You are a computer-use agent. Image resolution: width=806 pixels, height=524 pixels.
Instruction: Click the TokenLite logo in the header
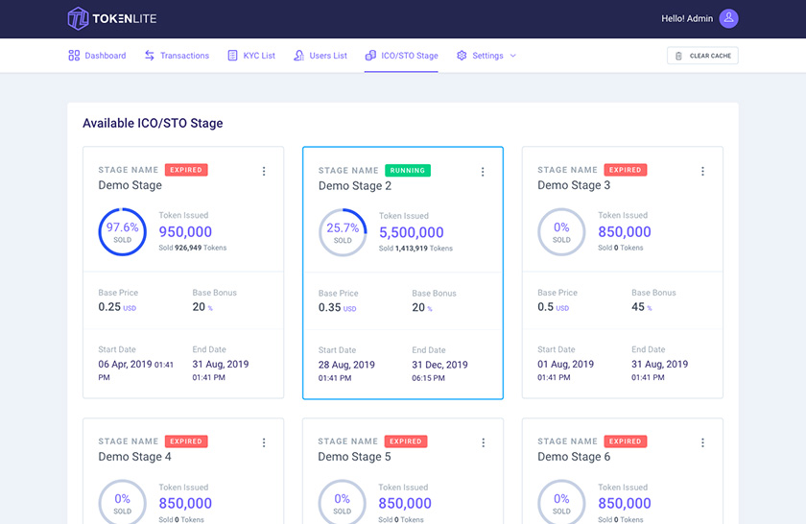[x=111, y=18]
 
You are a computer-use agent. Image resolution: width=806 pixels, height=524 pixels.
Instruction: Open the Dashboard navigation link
[x=97, y=56]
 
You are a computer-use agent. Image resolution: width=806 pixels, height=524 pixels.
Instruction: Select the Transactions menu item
[x=177, y=56]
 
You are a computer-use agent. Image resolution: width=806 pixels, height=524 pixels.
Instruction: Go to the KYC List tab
[x=251, y=56]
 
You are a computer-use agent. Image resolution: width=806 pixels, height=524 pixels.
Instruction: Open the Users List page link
[x=320, y=56]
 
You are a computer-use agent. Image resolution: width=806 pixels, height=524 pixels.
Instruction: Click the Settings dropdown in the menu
[x=486, y=56]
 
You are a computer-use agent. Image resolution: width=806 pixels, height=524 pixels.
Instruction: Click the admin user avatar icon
[x=728, y=18]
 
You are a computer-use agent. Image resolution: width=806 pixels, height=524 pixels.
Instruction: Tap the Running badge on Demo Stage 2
[x=408, y=171]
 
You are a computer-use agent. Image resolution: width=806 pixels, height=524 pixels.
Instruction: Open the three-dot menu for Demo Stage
[x=264, y=171]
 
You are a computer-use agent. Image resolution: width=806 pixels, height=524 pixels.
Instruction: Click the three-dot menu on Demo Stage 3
[x=702, y=171]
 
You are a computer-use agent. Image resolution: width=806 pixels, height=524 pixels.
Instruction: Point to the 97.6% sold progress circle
[x=122, y=232]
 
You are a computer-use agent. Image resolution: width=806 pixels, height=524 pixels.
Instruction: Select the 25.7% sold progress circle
[x=343, y=233]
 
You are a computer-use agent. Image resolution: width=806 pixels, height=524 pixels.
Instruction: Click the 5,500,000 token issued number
[x=411, y=232]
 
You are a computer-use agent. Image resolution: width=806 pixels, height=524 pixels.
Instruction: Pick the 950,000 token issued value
[x=185, y=231]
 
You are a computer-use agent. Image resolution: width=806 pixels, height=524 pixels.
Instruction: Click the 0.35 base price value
[x=329, y=308]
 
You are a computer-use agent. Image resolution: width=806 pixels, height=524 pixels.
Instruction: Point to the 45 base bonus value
[x=638, y=307]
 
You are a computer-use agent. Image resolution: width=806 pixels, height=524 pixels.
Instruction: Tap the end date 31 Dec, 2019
[x=439, y=365]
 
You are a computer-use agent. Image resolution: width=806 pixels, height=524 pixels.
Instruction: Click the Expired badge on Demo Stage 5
[x=406, y=441]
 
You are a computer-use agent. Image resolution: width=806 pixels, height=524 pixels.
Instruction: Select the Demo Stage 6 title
[x=574, y=457]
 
